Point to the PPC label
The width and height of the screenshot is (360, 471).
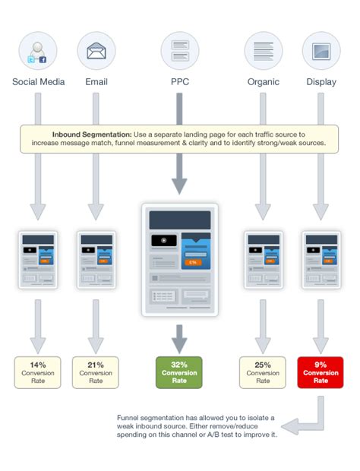point(179,82)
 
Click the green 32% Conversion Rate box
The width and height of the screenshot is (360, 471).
point(179,372)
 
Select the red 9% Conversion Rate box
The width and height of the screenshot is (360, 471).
point(321,372)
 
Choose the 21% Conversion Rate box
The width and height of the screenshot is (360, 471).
point(96,372)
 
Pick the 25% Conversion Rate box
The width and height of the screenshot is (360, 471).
point(263,372)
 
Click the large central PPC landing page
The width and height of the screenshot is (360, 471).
point(179,258)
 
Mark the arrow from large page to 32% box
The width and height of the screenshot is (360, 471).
point(179,337)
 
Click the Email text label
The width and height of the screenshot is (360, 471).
point(96,82)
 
